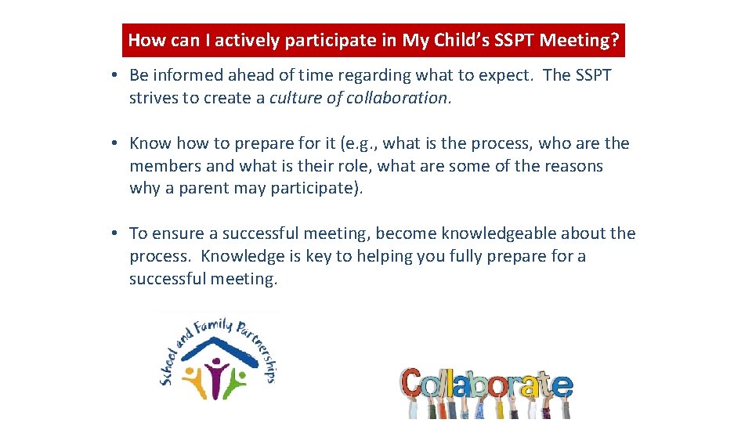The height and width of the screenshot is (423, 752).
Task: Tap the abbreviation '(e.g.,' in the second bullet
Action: (x=360, y=143)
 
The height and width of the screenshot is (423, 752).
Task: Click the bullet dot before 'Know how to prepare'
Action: (x=114, y=143)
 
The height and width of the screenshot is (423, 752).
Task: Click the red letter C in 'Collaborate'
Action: (x=414, y=384)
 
